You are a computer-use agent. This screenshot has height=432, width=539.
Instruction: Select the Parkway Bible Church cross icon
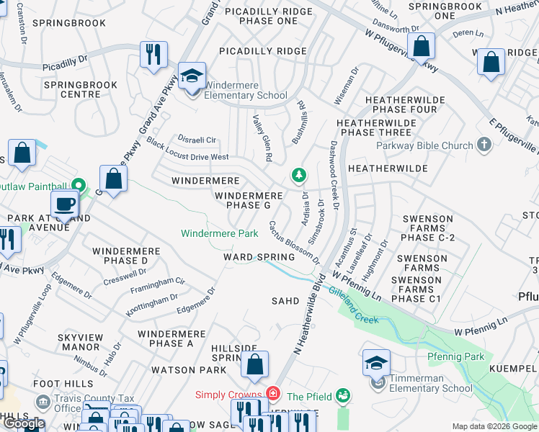pos(484,145)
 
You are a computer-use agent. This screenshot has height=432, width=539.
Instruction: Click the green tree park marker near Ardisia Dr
pos(298,175)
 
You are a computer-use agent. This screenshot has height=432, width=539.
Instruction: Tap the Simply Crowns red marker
pos(273,393)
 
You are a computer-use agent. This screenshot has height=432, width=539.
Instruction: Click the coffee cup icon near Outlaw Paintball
pos(65,204)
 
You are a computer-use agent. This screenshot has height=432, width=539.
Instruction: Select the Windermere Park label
pos(219,233)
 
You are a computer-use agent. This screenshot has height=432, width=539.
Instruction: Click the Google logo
pos(23,423)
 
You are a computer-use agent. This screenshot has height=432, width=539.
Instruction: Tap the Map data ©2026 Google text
pos(494,426)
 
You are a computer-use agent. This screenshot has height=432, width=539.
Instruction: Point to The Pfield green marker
pos(344,395)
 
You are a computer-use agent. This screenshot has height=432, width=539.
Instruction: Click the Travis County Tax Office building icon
pos(44,401)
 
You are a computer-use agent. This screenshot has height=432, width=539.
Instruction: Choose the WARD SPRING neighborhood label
pos(259,257)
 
